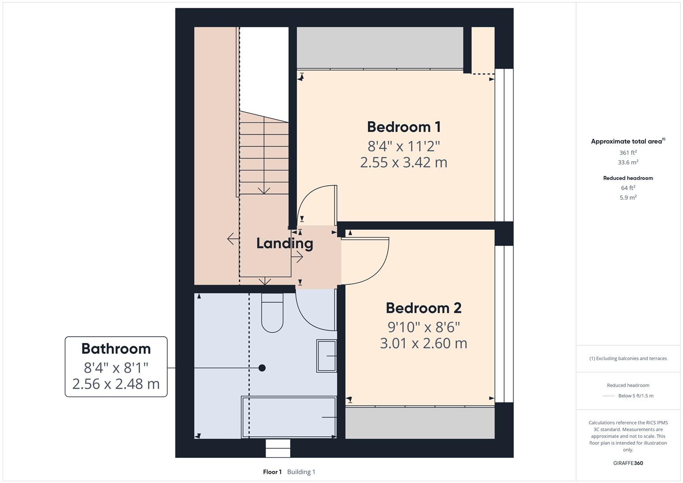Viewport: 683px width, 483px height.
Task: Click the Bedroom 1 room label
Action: pos(404,127)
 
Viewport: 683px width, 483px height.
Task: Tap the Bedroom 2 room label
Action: pos(423,308)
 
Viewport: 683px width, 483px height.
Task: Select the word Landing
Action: pos(284,243)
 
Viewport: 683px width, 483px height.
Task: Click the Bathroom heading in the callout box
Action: pos(116,349)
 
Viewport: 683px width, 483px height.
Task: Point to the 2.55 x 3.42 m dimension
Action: pos(403,162)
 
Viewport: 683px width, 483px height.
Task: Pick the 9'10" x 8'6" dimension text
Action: pos(423,327)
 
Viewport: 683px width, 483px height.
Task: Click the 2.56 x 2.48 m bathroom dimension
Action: pos(116,384)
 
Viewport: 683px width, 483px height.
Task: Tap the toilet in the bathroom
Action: pos(272,313)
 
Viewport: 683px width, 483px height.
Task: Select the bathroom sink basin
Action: pos(327,356)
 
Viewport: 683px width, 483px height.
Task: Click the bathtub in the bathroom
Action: pos(289,417)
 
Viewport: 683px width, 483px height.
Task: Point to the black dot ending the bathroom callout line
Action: pos(262,368)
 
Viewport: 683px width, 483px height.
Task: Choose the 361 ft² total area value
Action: pos(628,153)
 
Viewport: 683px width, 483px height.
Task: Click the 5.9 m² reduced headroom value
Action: pos(628,198)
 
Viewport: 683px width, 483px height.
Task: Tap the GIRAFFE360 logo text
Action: pos(628,463)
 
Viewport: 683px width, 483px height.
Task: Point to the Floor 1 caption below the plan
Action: pos(272,472)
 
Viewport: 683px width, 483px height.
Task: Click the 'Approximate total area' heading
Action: pos(626,141)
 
